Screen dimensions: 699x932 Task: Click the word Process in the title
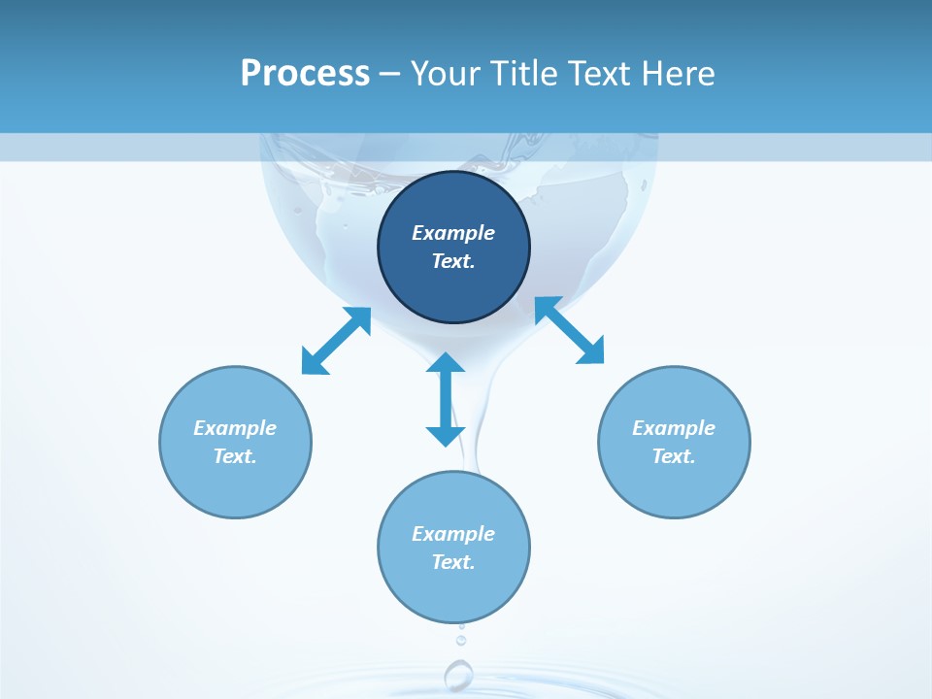click(x=305, y=74)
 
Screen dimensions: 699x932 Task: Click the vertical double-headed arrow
click(x=446, y=399)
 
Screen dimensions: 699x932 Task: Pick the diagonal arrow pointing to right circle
click(x=569, y=330)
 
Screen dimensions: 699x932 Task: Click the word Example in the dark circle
click(x=453, y=233)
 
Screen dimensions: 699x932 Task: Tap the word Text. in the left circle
click(x=235, y=456)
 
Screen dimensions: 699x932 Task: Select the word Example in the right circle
click(x=674, y=428)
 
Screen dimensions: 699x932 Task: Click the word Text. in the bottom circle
click(x=453, y=562)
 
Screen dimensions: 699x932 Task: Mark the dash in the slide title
click(x=389, y=74)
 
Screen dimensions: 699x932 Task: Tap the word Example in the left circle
click(x=235, y=428)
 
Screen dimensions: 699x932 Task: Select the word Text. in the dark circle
click(x=453, y=261)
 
